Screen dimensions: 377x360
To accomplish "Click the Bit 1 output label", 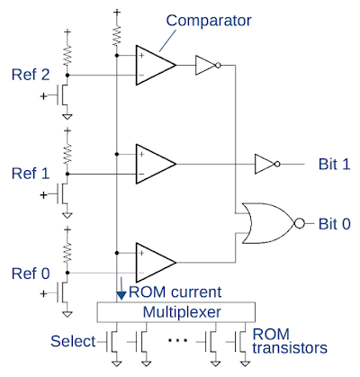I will coord(335,164).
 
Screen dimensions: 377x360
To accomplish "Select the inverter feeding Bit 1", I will coord(266,164).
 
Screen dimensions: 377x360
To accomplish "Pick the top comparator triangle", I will coord(155,66).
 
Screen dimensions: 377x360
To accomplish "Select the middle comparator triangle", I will coord(155,164).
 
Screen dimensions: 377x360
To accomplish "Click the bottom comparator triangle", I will coord(155,263).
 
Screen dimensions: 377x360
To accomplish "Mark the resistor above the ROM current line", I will coord(117,34).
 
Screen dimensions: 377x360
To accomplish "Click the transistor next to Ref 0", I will coord(62,292).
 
